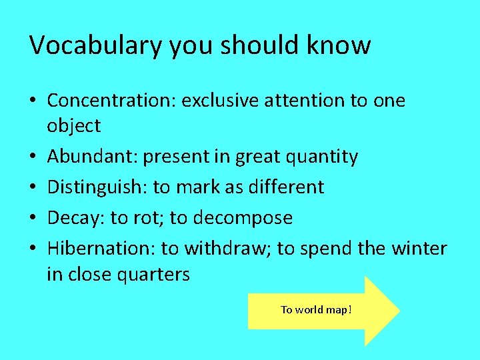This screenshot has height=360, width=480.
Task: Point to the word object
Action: pyautogui.click(x=73, y=126)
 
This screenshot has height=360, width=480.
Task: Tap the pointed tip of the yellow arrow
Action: pyautogui.click(x=398, y=310)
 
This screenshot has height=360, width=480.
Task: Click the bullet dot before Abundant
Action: pyautogui.click(x=34, y=157)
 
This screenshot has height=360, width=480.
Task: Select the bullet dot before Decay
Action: pyautogui.click(x=34, y=219)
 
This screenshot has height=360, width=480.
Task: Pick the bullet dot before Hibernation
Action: pyautogui.click(x=34, y=249)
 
